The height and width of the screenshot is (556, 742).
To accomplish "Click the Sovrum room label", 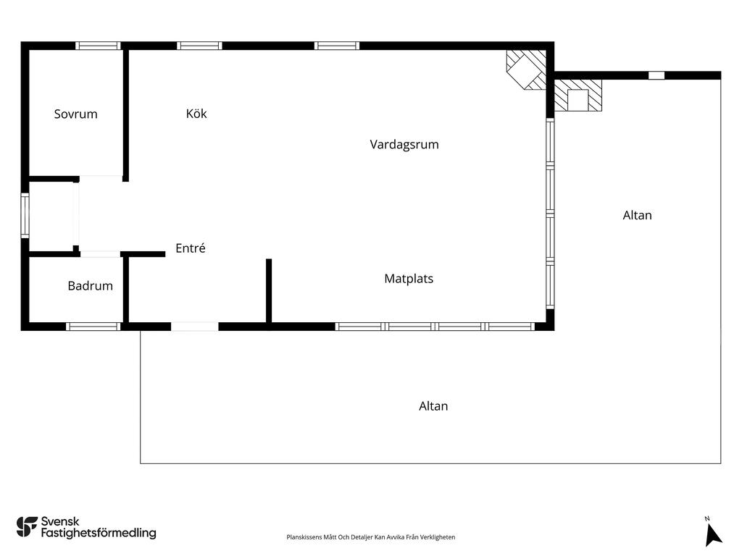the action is [x=75, y=114].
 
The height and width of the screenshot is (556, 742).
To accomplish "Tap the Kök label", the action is [x=196, y=114].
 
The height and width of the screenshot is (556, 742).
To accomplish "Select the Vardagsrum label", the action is [x=404, y=144].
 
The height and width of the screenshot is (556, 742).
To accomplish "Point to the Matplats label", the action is [x=409, y=279].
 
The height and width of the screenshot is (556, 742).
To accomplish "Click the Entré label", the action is [x=191, y=248].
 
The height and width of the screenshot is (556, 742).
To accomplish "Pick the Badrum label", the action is [x=91, y=285].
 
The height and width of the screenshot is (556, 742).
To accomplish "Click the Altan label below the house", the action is [x=433, y=406].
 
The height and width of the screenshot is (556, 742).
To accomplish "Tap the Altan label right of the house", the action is [x=637, y=215].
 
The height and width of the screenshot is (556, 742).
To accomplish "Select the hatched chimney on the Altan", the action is [x=578, y=95].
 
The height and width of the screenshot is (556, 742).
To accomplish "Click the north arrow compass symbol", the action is [x=712, y=533].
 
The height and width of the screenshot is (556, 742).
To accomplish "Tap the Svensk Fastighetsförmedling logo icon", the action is [x=27, y=527].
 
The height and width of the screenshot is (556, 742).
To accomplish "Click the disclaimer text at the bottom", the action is [x=370, y=537].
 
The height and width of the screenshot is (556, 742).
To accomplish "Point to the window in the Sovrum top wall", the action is [x=99, y=46].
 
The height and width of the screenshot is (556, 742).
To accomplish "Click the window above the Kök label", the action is [x=199, y=46].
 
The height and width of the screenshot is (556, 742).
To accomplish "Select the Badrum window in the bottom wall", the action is [x=93, y=327].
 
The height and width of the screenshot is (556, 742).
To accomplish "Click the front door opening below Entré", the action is [x=194, y=327].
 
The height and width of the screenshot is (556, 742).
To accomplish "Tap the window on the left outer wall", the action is [x=25, y=216].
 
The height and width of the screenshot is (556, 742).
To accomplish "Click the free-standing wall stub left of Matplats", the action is [x=269, y=291].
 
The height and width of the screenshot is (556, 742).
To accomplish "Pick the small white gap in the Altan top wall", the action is [x=656, y=75].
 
